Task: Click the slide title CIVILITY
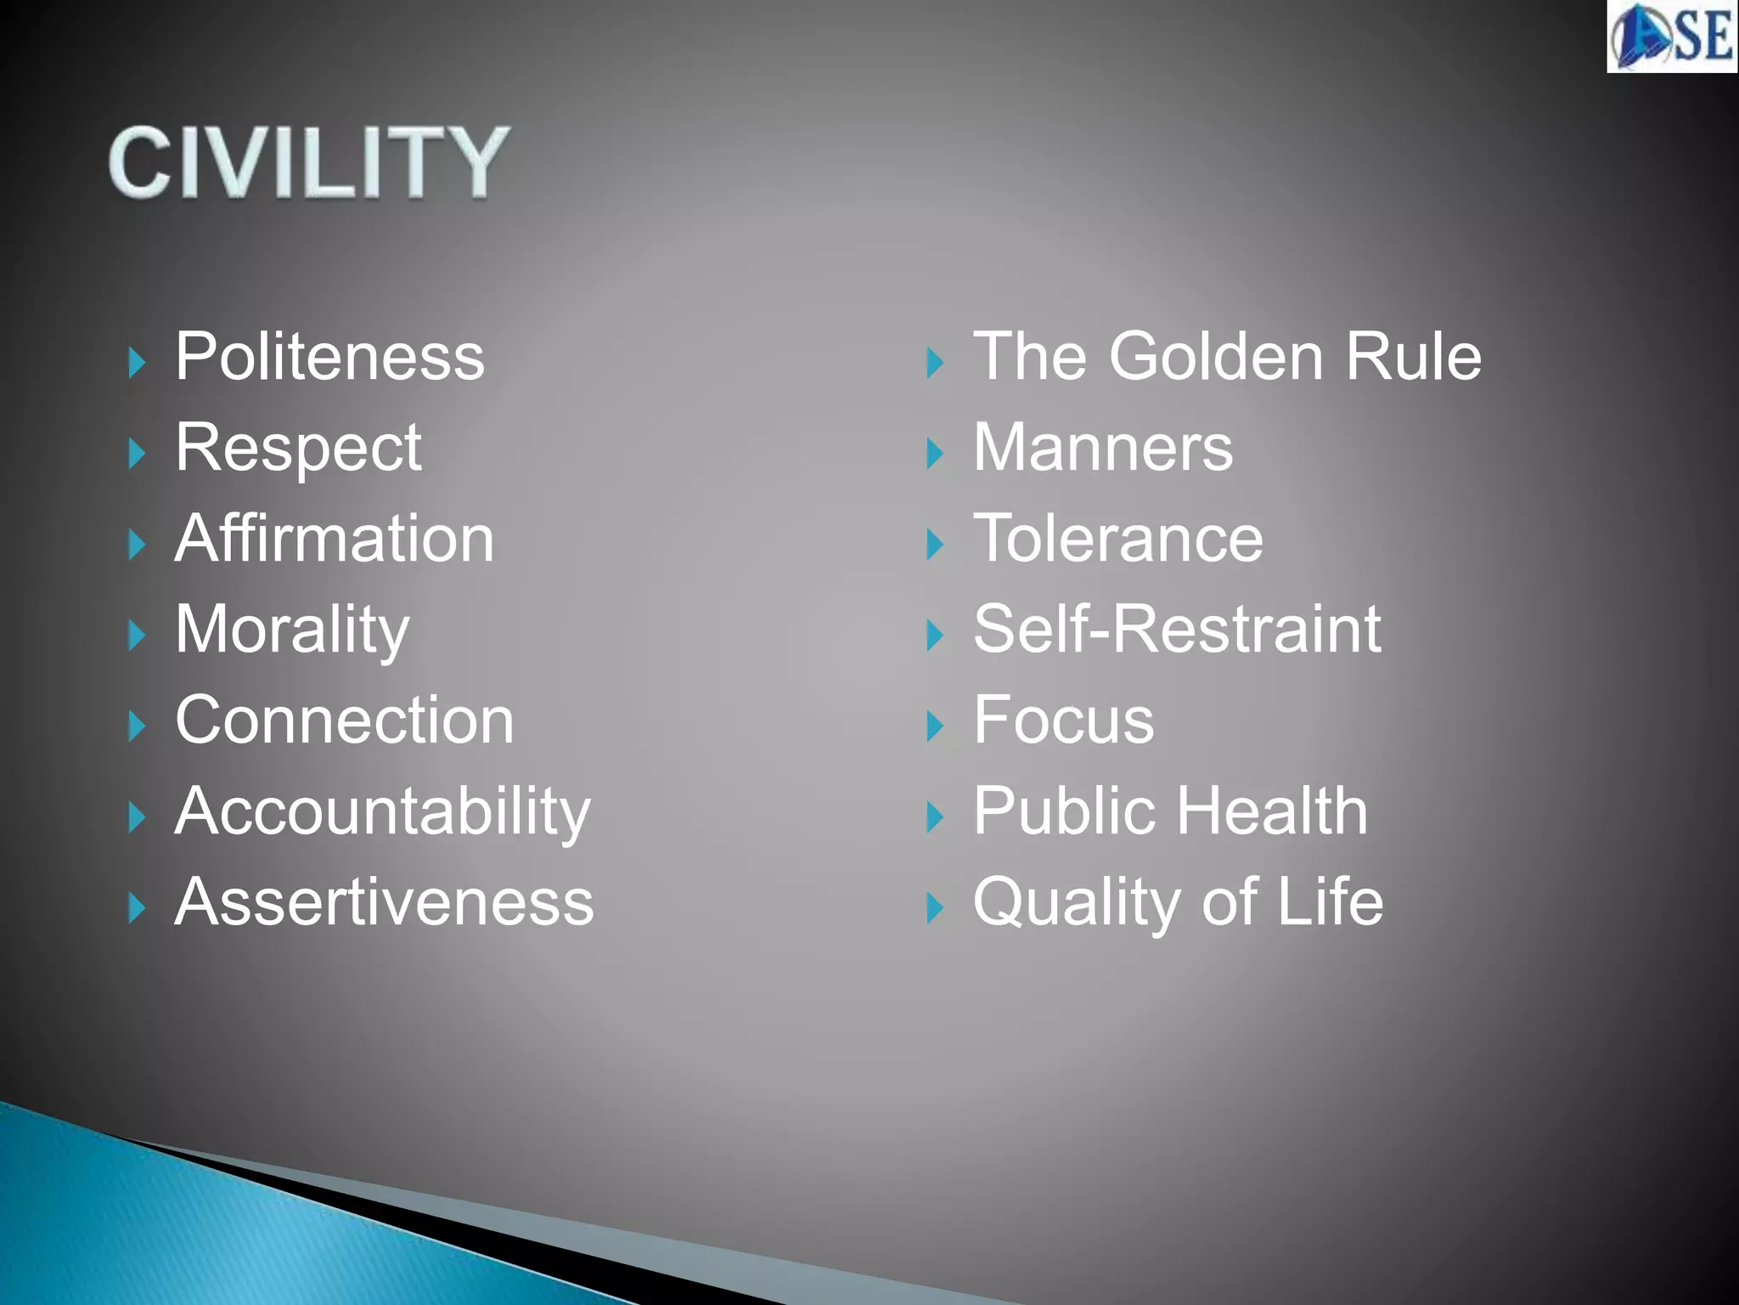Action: point(309,161)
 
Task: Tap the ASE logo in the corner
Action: point(1671,36)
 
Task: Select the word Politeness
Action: point(329,357)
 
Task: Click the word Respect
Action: point(298,448)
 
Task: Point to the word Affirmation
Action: point(335,539)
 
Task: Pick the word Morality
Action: point(292,630)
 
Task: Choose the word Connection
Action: point(345,720)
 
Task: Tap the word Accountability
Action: point(383,811)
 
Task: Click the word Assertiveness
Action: point(385,902)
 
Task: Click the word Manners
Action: point(1102,448)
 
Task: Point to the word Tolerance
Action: point(1118,539)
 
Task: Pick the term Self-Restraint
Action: point(1177,630)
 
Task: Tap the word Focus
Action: point(1063,720)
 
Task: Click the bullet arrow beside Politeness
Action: point(137,363)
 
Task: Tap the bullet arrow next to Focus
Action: point(935,726)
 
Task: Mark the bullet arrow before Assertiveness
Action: point(137,908)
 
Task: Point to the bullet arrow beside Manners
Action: point(935,454)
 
